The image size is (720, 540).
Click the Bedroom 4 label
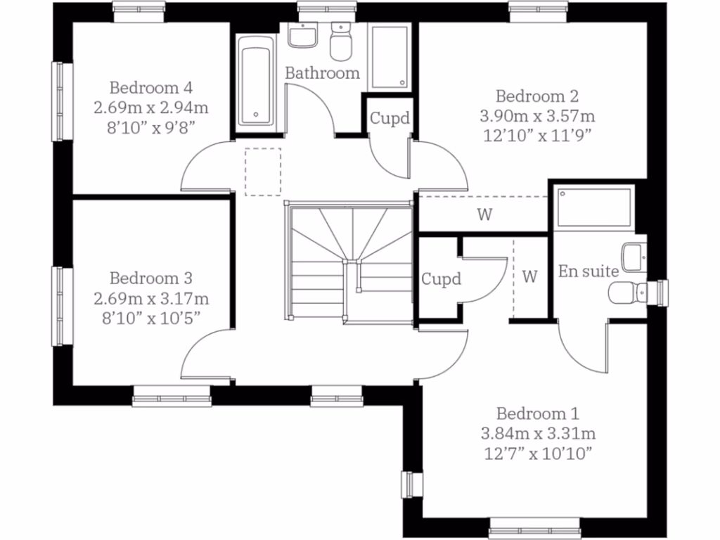click(x=151, y=88)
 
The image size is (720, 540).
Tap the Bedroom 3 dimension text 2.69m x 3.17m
click(x=151, y=298)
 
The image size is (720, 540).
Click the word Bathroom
click(x=322, y=72)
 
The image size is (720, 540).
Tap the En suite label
click(x=589, y=271)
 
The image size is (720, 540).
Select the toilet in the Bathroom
click(x=341, y=42)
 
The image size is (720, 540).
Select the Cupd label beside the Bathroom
click(x=390, y=118)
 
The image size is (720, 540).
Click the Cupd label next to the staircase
click(x=441, y=279)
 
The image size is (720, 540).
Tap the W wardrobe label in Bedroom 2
click(x=484, y=215)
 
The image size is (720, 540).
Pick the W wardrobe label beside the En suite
click(x=530, y=276)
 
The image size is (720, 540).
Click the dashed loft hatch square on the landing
click(x=262, y=171)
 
